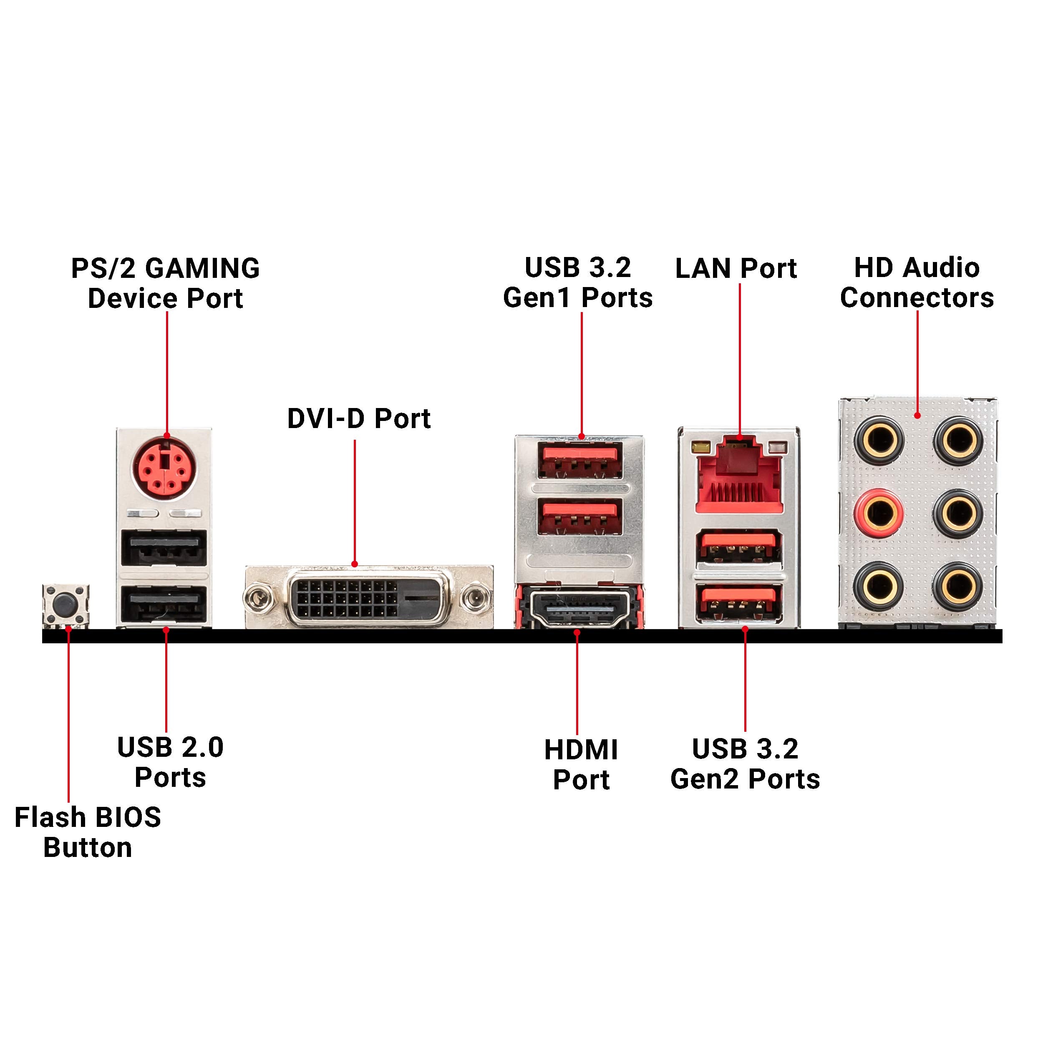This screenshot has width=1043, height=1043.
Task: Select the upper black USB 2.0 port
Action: point(164,548)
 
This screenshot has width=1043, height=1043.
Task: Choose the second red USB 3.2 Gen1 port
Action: point(579,516)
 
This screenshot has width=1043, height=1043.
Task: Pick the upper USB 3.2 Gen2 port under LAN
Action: point(738,547)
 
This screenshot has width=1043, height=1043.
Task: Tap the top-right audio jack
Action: point(958,441)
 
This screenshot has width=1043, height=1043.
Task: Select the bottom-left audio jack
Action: point(879,586)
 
